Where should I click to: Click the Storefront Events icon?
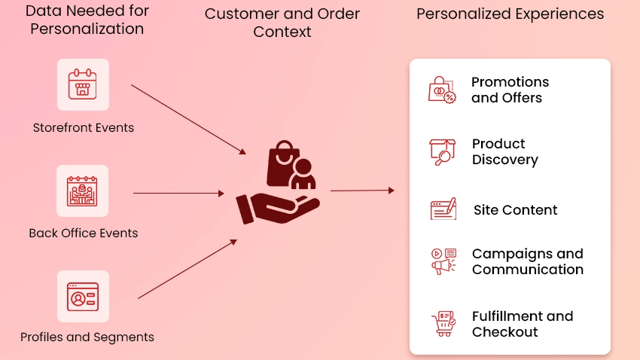pyautogui.click(x=83, y=84)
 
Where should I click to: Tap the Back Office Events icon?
pyautogui.click(x=83, y=191)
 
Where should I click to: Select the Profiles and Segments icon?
pyautogui.click(x=83, y=297)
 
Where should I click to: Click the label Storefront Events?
pyautogui.click(x=84, y=128)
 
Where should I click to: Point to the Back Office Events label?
pyautogui.click(x=84, y=233)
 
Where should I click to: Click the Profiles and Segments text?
pyautogui.click(x=87, y=337)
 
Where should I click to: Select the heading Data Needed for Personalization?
pyautogui.click(x=87, y=20)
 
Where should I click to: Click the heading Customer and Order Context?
pyautogui.click(x=282, y=23)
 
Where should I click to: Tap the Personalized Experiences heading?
pyautogui.click(x=510, y=14)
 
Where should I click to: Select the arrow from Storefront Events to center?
pyautogui.click(x=188, y=119)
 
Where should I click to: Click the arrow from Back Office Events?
pyautogui.click(x=178, y=194)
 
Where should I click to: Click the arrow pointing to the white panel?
pyautogui.click(x=361, y=191)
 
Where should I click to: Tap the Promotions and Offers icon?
pyautogui.click(x=442, y=90)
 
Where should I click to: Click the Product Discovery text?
pyautogui.click(x=504, y=151)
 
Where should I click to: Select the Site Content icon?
pyautogui.click(x=443, y=209)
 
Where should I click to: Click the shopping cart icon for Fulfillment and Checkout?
pyautogui.click(x=441, y=324)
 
